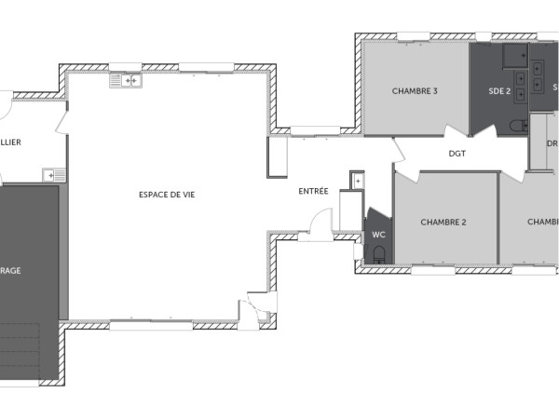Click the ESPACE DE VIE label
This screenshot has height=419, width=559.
click(167, 194)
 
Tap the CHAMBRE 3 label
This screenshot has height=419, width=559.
click(415, 91)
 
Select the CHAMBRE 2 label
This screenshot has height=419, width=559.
click(443, 222)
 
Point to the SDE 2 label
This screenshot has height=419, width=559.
click(499, 91)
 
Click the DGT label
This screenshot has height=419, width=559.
click(457, 154)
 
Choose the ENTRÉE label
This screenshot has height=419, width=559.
click(313, 191)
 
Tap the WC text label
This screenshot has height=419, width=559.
click(378, 235)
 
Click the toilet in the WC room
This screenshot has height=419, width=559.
click(377, 251)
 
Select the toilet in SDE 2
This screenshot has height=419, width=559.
click(519, 125)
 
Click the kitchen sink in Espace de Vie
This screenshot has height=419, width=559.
click(126, 82)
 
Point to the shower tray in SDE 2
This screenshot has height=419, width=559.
click(514, 57)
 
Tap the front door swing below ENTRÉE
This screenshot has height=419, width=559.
click(320, 223)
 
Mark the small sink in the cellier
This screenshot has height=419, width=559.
click(55, 174)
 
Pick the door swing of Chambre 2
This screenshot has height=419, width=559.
click(402, 164)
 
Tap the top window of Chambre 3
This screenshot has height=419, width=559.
click(413, 37)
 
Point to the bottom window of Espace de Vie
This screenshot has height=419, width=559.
click(149, 325)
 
